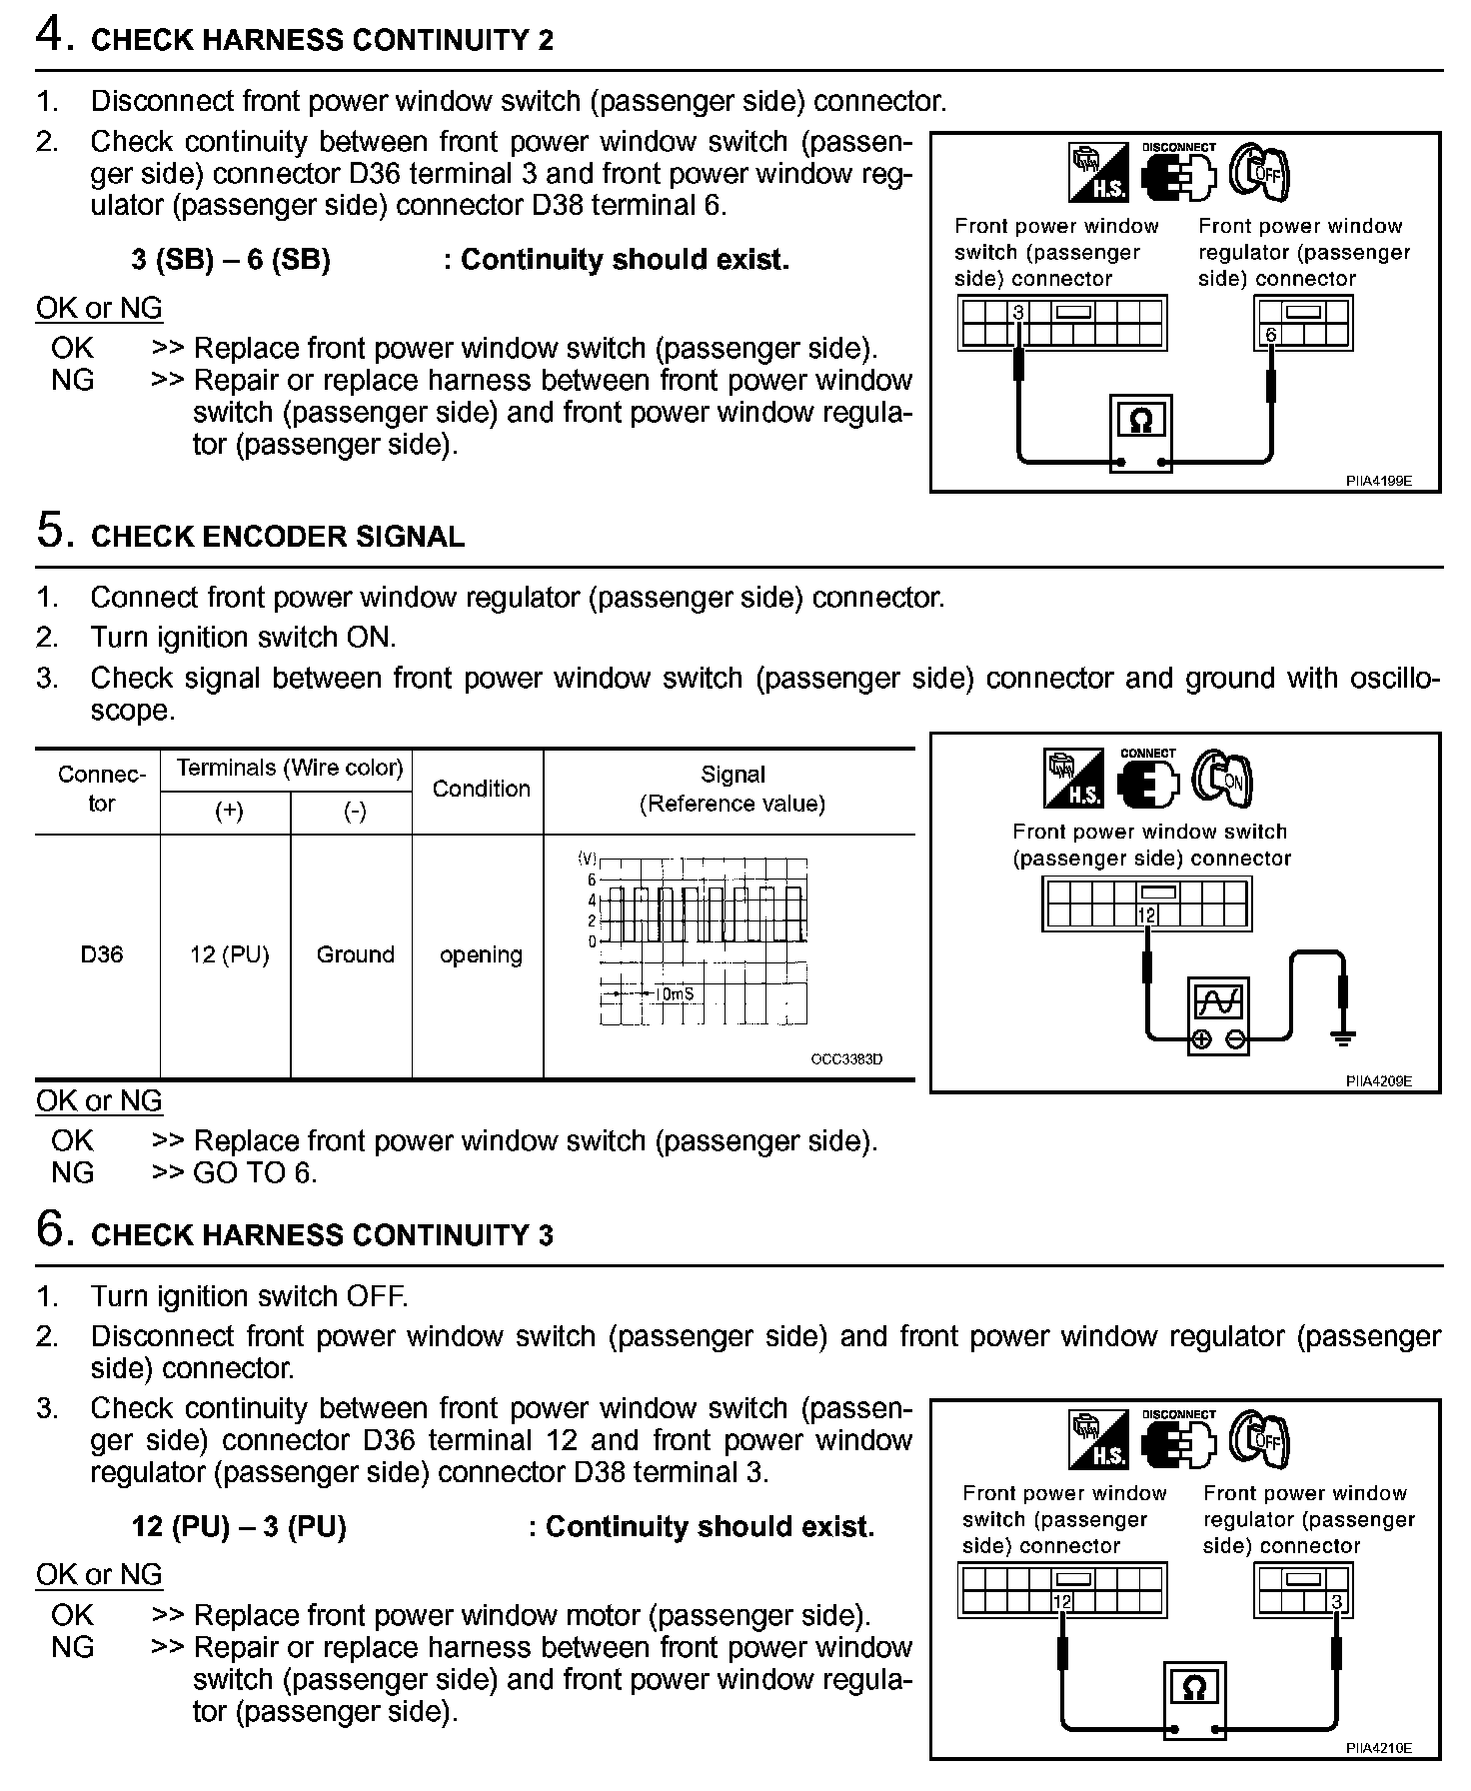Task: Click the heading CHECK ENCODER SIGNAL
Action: pos(278,537)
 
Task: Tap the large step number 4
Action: pos(51,35)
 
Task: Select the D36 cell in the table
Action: pos(101,954)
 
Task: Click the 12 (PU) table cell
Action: pos(230,954)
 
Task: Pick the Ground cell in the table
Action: pos(355,954)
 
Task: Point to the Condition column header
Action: pos(481,789)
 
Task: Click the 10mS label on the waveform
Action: pos(675,994)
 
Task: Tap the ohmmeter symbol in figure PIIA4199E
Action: pos(1140,423)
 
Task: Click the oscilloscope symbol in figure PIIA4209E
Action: pos(1219,1001)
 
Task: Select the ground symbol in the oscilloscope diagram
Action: pos(1343,1040)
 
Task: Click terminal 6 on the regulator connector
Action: pos(1270,335)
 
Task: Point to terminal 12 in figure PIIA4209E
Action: pos(1146,915)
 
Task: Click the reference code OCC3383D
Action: pos(846,1058)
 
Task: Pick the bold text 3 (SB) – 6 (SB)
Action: pos(231,260)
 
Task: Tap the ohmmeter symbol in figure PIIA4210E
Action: pos(1193,1689)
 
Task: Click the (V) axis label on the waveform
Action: pos(587,859)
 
